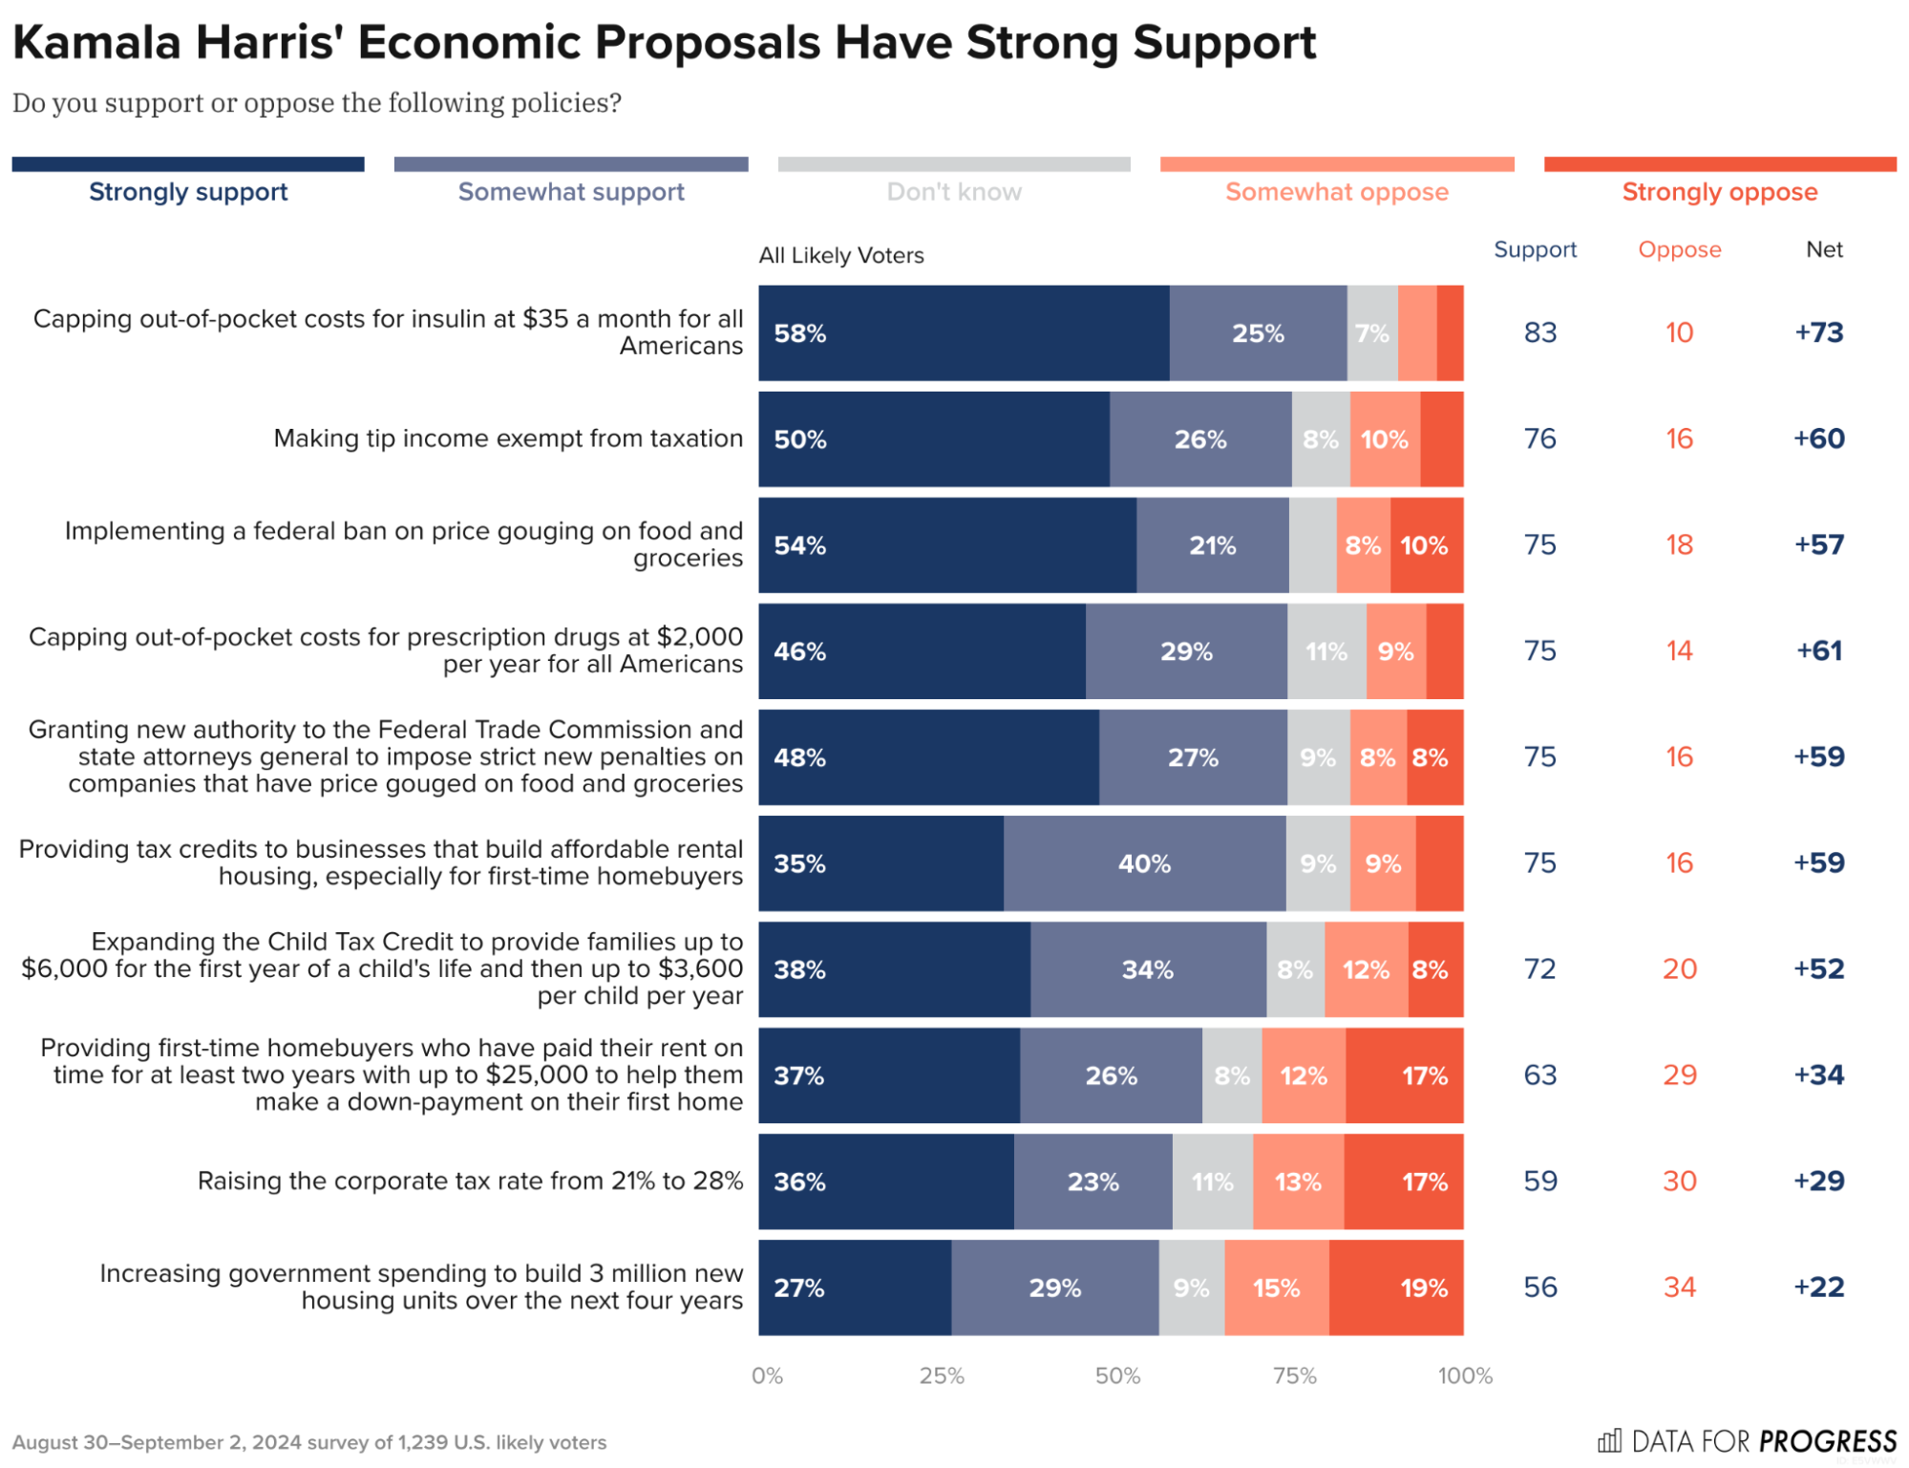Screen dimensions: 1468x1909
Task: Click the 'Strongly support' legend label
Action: (x=188, y=192)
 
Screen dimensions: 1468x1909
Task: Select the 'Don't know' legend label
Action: (x=953, y=192)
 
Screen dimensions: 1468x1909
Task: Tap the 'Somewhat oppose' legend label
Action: (x=1336, y=192)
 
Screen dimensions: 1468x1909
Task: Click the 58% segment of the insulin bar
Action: (x=963, y=333)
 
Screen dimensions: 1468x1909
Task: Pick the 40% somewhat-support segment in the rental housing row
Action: (x=1144, y=863)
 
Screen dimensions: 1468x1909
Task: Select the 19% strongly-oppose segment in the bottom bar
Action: (x=1395, y=1287)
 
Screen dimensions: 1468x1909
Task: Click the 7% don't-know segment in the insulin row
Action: (x=1371, y=333)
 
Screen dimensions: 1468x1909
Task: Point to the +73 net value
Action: (x=1818, y=332)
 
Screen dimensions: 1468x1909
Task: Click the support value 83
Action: (x=1539, y=332)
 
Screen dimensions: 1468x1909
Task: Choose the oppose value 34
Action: (x=1679, y=1287)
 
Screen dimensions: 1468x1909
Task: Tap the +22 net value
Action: (x=1818, y=1287)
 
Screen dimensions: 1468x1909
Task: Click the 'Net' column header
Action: (x=1823, y=249)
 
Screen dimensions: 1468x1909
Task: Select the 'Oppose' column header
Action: (x=1679, y=249)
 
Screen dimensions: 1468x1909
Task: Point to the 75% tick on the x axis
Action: (x=1294, y=1375)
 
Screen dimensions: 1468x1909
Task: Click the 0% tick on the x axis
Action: (x=767, y=1375)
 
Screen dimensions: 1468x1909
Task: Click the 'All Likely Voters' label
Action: (x=840, y=255)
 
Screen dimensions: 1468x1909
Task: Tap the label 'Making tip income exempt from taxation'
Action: (x=507, y=438)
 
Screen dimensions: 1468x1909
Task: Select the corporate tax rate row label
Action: (x=469, y=1181)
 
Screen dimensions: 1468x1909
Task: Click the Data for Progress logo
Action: (x=1747, y=1440)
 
